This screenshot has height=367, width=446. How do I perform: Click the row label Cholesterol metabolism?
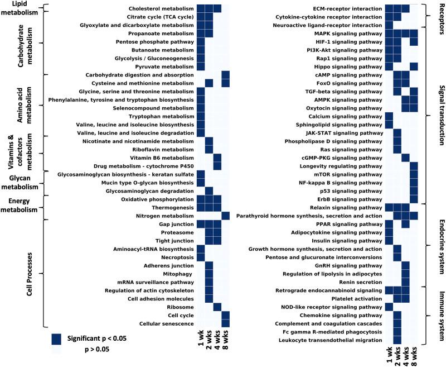coord(161,9)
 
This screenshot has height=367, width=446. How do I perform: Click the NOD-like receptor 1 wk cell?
coord(389,307)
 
